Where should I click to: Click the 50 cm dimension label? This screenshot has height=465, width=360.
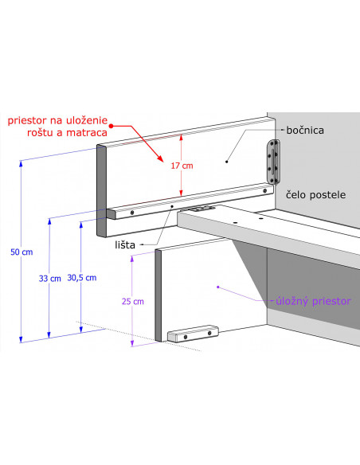tap(22, 252)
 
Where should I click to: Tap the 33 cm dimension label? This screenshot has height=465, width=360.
tap(50, 279)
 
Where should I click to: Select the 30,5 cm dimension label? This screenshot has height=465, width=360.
tap(82, 278)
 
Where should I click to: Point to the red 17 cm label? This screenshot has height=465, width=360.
tap(182, 166)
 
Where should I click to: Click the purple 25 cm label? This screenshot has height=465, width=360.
tap(133, 301)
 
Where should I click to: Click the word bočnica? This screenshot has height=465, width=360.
tap(305, 131)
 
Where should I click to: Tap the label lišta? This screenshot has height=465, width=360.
tap(125, 245)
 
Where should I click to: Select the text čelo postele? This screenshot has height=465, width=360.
tap(316, 195)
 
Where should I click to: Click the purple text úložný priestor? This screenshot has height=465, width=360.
tap(313, 301)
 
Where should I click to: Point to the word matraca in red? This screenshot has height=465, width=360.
tap(87, 132)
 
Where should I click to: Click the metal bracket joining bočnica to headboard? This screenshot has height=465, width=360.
tap(274, 162)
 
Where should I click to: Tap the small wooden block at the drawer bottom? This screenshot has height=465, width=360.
tap(193, 334)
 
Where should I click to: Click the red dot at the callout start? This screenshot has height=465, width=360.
tap(112, 126)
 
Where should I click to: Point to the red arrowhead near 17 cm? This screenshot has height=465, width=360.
tap(160, 158)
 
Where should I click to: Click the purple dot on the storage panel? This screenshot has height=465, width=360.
tap(218, 287)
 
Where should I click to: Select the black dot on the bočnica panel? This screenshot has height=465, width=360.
tap(226, 162)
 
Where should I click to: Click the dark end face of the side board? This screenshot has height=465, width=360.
tap(101, 190)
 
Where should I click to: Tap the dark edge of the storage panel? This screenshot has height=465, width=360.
tap(158, 295)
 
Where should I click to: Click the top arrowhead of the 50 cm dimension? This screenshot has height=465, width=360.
tap(21, 163)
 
